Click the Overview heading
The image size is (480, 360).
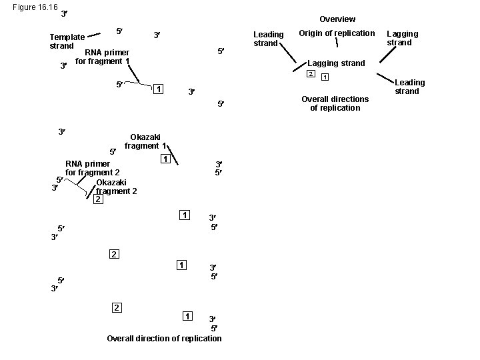pyautogui.click(x=337, y=19)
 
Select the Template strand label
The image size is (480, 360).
pyautogui.click(x=67, y=41)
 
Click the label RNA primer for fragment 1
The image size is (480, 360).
pyautogui.click(x=102, y=57)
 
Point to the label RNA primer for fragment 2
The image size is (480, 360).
pyautogui.click(x=93, y=168)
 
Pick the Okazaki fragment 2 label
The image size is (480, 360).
pyautogui.click(x=116, y=187)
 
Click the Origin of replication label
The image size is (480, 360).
pyautogui.click(x=337, y=33)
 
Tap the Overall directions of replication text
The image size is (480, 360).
pyautogui.click(x=335, y=103)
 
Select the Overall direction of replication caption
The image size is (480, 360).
pyautogui.click(x=164, y=338)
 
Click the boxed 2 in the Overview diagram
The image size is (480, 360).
pyautogui.click(x=310, y=73)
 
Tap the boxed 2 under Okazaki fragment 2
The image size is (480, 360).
pyautogui.click(x=97, y=199)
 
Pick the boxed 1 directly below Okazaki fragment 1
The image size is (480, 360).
pyautogui.click(x=164, y=159)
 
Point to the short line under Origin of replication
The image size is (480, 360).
pyautogui.click(x=337, y=43)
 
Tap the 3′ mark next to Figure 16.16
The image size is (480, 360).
pyautogui.click(x=63, y=14)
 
